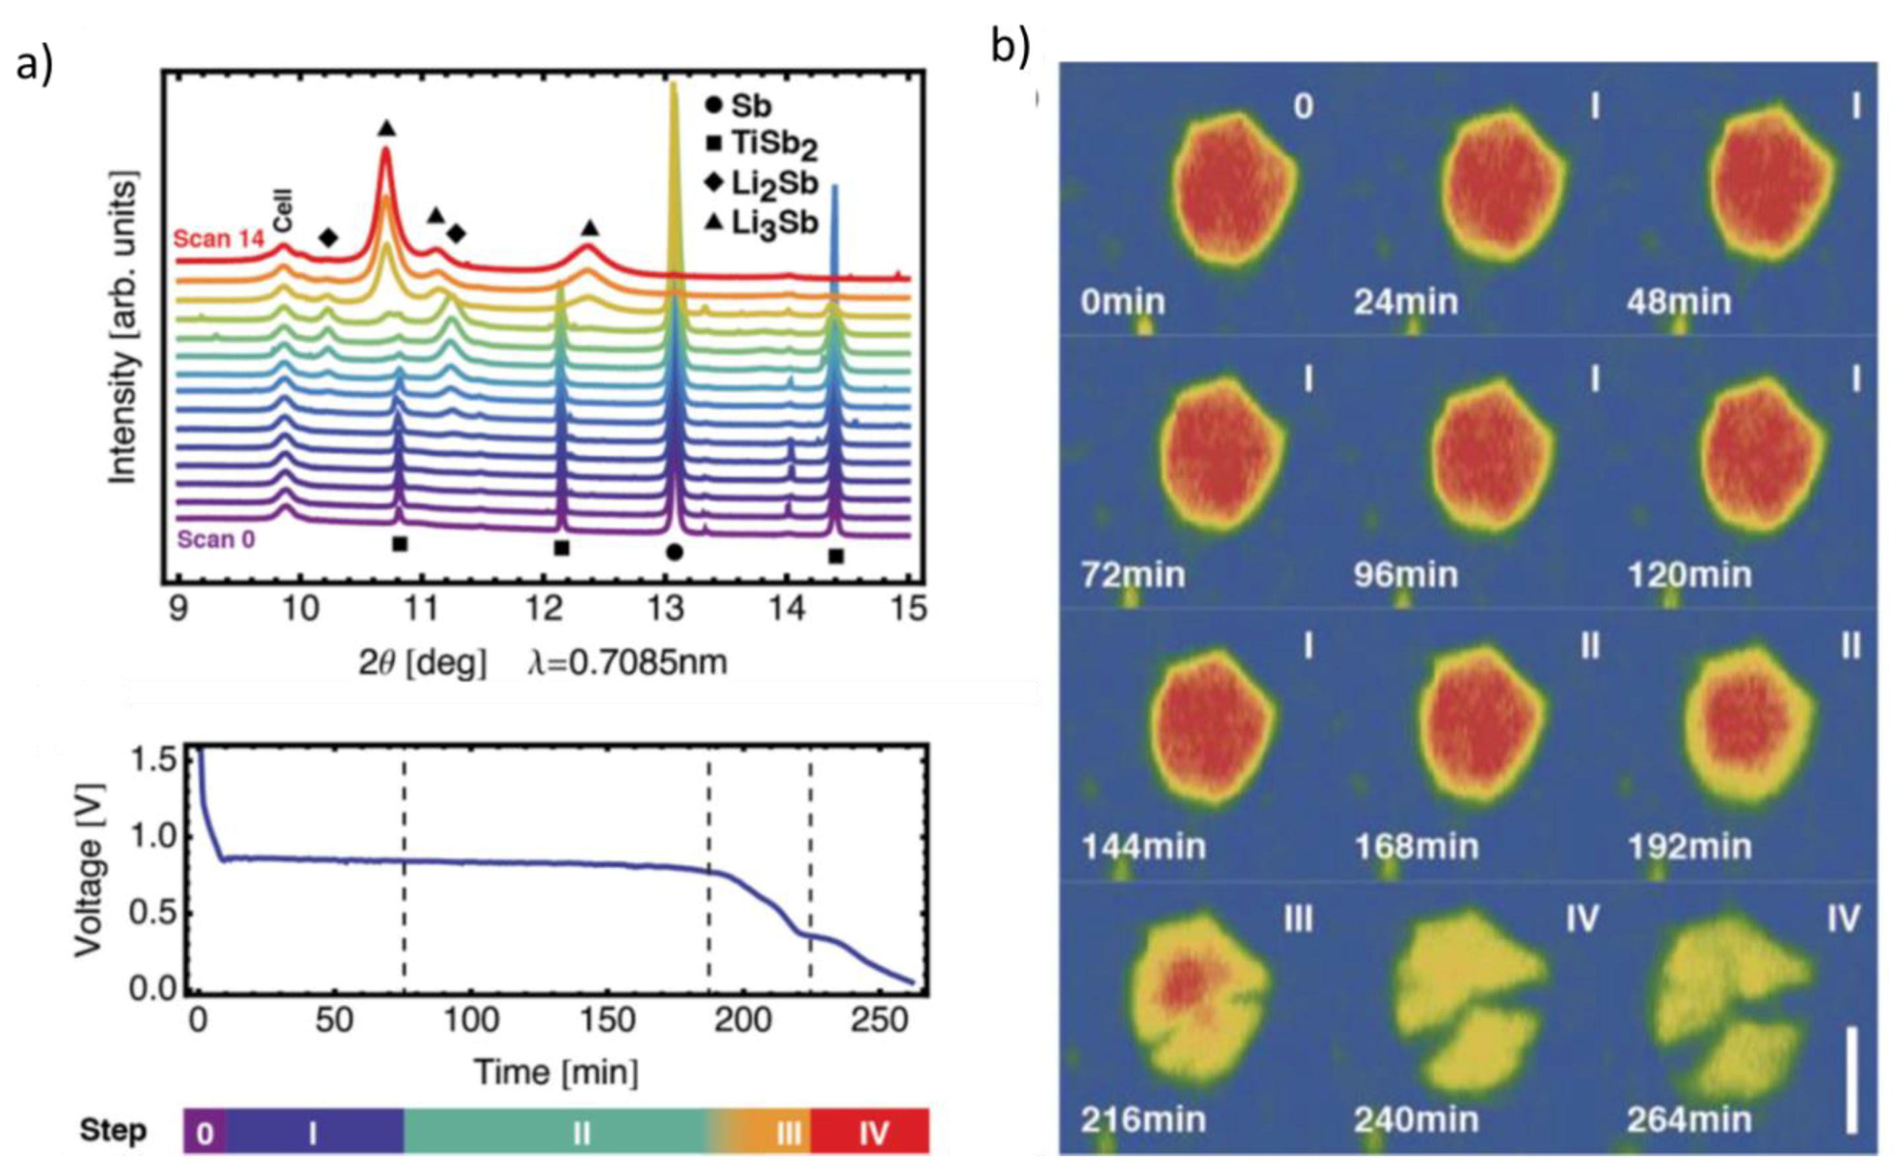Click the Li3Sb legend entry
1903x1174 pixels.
761,224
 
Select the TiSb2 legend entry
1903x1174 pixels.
761,144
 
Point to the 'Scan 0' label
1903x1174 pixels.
216,539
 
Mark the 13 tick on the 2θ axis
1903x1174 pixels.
666,608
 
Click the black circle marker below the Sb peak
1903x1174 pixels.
674,552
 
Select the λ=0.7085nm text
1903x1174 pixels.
628,662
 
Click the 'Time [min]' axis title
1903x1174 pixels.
556,1072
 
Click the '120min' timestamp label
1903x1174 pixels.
1689,574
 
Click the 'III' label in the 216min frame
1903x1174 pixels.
1297,919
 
